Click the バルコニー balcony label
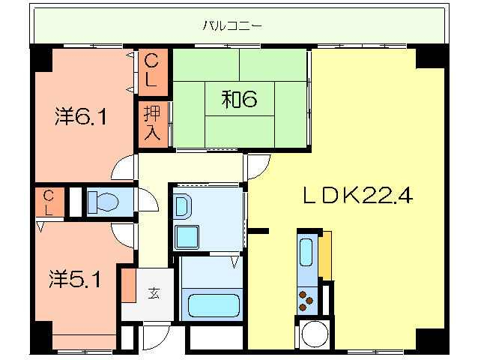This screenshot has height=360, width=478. [232, 25]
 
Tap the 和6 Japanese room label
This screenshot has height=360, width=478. [239, 99]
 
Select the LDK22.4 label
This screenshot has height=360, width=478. [358, 195]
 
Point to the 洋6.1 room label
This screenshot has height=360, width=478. [81, 116]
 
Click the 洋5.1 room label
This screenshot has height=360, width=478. [75, 279]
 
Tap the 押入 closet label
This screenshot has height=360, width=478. [152, 123]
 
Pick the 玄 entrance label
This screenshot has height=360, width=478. [154, 293]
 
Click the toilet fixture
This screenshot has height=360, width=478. [103, 202]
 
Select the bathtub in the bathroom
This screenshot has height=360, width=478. [214, 306]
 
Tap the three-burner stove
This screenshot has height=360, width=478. [306, 301]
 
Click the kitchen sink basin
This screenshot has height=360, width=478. [306, 252]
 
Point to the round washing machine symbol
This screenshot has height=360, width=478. [315, 334]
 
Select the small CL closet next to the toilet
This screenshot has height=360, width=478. [49, 202]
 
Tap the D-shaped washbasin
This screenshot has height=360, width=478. [182, 206]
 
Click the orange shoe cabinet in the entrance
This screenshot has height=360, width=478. [130, 286]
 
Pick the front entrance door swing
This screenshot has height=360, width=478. [156, 337]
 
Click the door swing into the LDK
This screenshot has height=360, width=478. [258, 167]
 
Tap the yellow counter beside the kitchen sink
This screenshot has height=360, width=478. [325, 256]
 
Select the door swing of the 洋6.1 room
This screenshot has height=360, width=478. [124, 167]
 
